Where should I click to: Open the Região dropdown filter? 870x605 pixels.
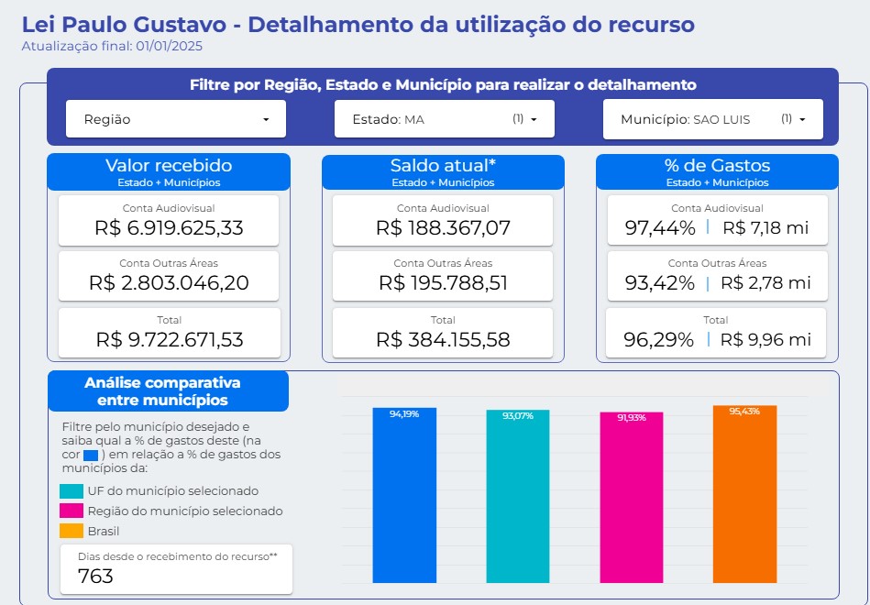(176, 119)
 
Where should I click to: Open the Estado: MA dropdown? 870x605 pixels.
(444, 119)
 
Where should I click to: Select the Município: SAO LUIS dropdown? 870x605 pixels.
(712, 119)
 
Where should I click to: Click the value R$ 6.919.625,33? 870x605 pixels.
(169, 228)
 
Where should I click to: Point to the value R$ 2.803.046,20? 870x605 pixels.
(169, 283)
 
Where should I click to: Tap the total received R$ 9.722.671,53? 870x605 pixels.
(169, 339)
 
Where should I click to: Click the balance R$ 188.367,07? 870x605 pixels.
(443, 228)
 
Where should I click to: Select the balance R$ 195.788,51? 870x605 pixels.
(443, 283)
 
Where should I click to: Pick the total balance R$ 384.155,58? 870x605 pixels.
(443, 339)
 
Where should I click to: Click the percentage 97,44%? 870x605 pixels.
(659, 228)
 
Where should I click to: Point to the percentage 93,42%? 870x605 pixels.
(659, 283)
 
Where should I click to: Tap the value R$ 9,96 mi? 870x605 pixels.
(765, 339)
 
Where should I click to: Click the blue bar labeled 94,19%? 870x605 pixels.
(404, 495)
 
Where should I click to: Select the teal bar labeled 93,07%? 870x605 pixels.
(518, 496)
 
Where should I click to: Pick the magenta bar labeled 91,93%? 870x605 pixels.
(632, 497)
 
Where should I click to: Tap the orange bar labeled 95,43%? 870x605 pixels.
(744, 494)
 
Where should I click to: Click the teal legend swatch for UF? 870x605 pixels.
(72, 491)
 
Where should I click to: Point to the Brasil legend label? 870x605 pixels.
(104, 531)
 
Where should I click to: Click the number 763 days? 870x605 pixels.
(96, 576)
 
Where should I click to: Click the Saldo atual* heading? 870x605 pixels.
(443, 166)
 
